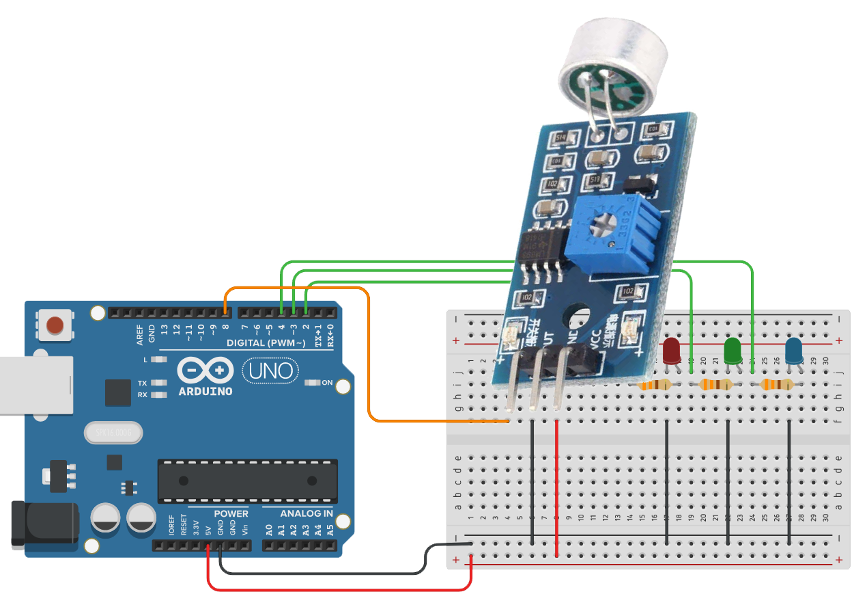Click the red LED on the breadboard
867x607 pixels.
point(672,351)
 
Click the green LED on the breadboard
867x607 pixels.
point(733,351)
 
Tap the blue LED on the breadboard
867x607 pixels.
point(794,351)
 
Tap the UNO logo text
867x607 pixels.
point(271,371)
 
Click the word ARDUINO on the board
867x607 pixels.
point(205,392)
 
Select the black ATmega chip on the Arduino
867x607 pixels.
point(247,481)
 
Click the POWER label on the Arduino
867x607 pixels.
point(231,513)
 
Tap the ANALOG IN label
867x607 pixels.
point(307,513)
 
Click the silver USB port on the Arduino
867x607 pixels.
point(34,385)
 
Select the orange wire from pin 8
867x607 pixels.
point(369,355)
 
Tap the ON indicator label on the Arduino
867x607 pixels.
point(327,383)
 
